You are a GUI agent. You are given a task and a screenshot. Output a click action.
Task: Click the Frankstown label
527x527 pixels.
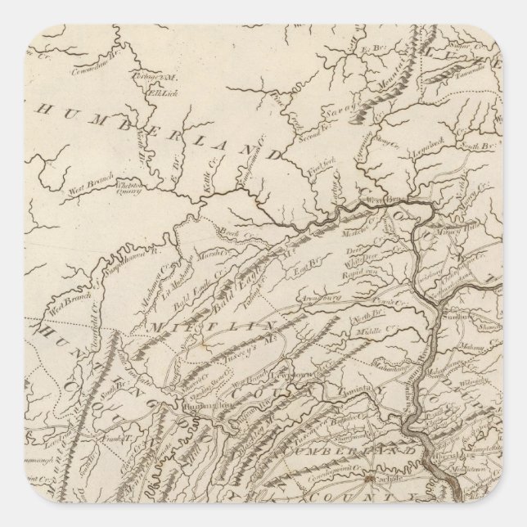[104, 430]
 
